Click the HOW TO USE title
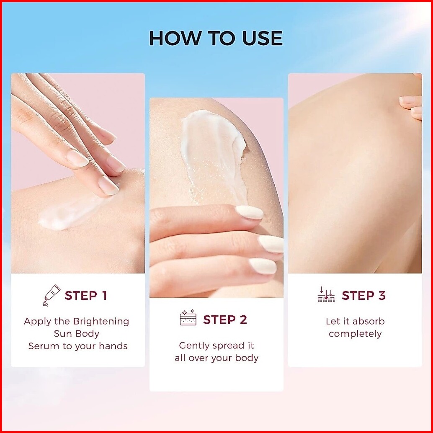[x=216, y=38]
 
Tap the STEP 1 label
[x=85, y=296]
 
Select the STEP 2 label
[x=225, y=320]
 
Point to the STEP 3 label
[x=363, y=296]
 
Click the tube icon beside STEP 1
[x=52, y=295]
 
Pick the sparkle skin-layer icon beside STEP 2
[x=188, y=317]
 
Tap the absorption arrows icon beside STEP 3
[x=326, y=294]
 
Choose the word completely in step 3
[x=355, y=334]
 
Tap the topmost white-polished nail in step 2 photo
[x=249, y=213]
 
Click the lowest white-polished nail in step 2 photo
[x=263, y=266]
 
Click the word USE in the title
[x=262, y=38]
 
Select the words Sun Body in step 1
[x=77, y=334]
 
